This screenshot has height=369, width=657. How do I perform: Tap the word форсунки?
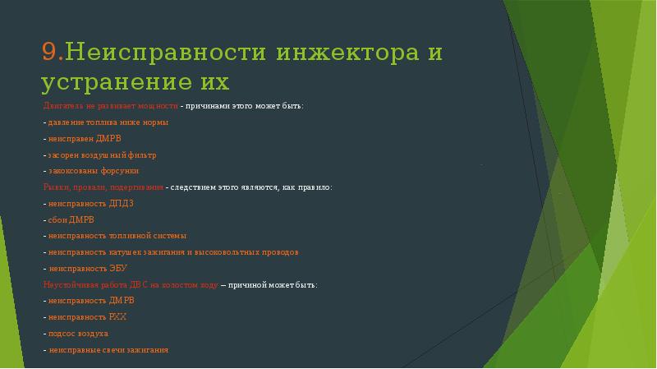(120, 170)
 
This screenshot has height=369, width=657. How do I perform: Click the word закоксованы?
(74, 170)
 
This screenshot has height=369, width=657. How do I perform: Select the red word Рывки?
(56, 187)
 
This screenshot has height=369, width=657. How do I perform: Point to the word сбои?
(57, 219)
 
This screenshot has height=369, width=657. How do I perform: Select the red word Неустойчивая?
(69, 284)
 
